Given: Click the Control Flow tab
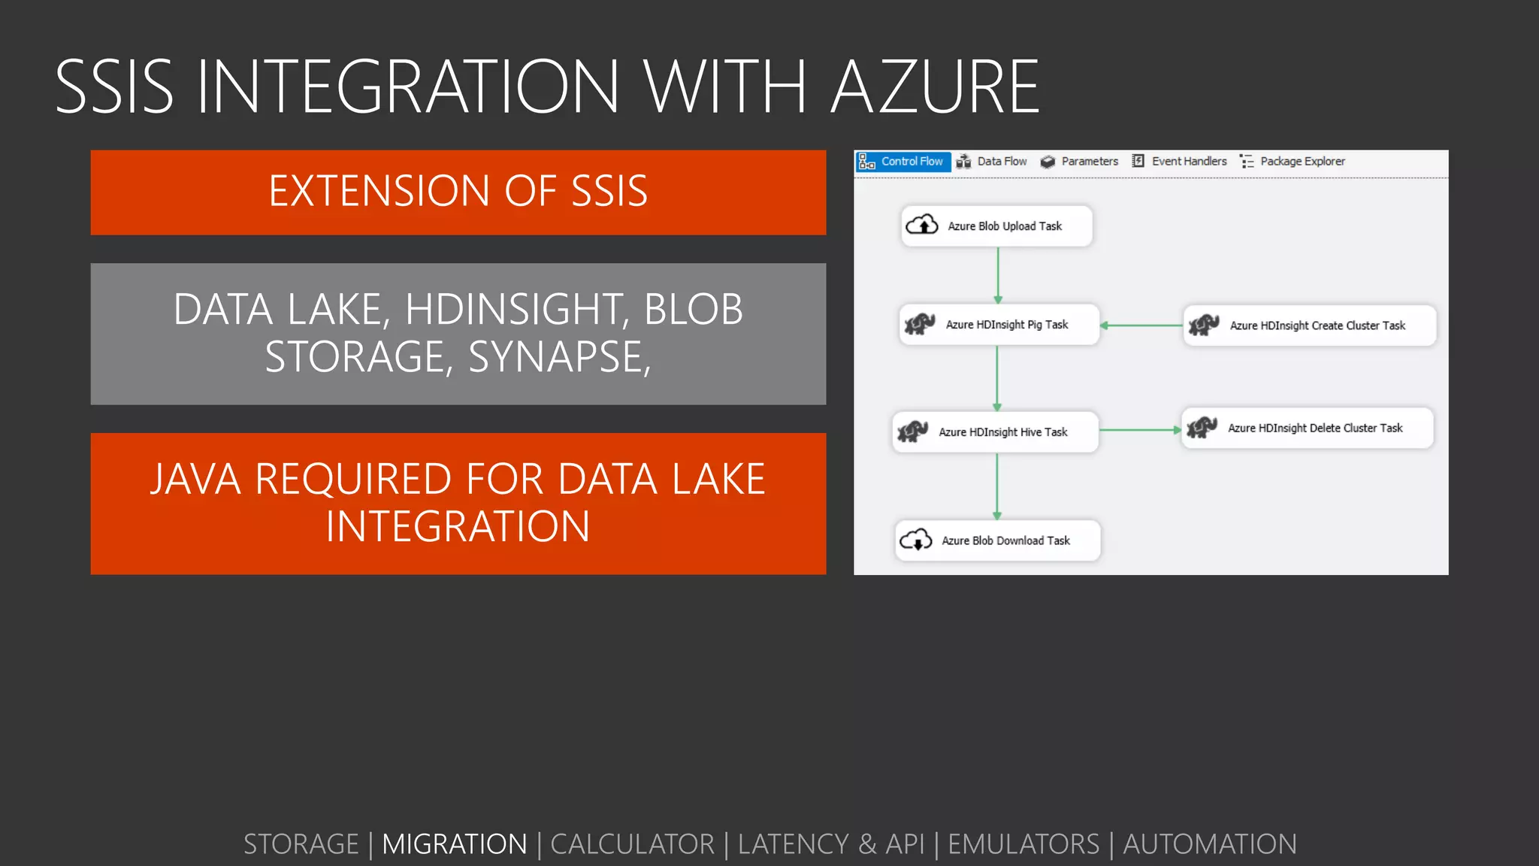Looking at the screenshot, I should (903, 162).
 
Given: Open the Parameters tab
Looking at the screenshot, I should (1080, 162).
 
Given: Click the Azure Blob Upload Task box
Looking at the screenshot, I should (996, 226).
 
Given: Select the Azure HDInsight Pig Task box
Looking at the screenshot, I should (999, 325).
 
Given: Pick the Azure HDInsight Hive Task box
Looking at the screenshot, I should (995, 432).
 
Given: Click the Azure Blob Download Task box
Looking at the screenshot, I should (997, 540).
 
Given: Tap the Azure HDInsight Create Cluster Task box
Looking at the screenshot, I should (1309, 326).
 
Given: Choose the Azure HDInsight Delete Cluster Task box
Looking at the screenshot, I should (1307, 428).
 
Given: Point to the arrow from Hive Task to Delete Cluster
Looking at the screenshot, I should (1140, 430).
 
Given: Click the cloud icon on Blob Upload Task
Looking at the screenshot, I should (922, 225).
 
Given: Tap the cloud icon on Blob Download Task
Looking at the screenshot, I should (916, 540).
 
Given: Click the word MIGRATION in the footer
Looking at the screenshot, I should (455, 844).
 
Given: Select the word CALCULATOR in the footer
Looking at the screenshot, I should (632, 844).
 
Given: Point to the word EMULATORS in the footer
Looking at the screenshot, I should (1023, 844).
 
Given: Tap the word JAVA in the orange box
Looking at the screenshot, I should (195, 480).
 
